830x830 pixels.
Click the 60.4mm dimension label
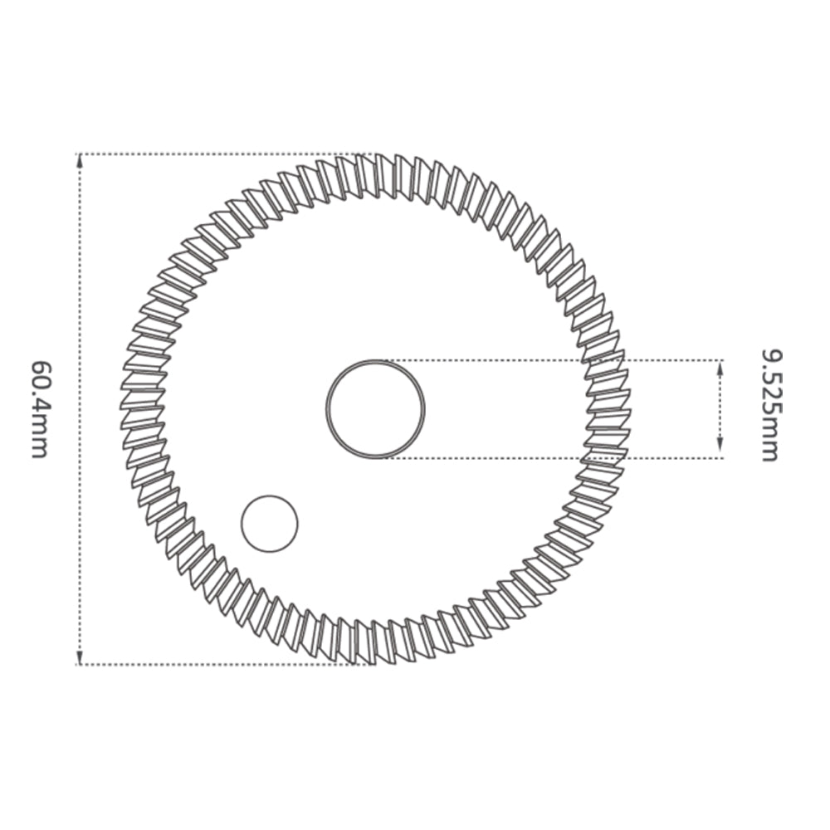pos(39,408)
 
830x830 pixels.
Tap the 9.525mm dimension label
pos(769,406)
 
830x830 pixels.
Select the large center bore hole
pos(375,408)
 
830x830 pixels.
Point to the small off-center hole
pos(269,523)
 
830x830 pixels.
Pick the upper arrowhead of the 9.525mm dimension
pos(720,367)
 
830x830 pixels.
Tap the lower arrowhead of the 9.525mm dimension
pos(720,451)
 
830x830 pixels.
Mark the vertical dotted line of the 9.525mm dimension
pos(720,408)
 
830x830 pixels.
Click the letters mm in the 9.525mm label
pos(769,443)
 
